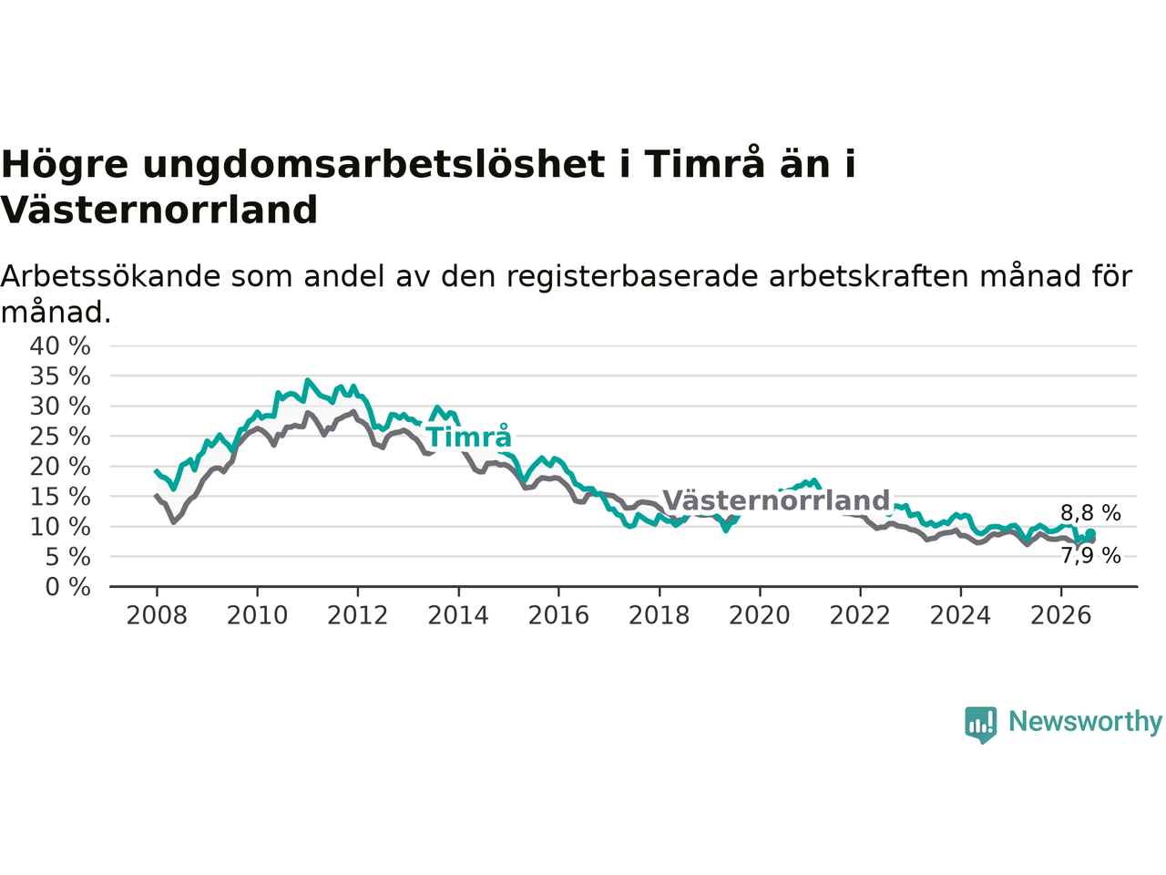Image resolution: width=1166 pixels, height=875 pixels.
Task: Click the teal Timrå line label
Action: (x=469, y=437)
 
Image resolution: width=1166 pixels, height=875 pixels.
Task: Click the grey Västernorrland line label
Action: (x=776, y=500)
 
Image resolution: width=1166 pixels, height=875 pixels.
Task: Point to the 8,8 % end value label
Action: (x=1090, y=513)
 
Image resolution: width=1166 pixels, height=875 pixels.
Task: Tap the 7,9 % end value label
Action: (x=1090, y=556)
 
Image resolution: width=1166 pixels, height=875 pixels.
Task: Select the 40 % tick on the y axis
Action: (x=60, y=345)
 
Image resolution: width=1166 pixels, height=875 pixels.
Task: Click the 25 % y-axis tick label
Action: (x=60, y=437)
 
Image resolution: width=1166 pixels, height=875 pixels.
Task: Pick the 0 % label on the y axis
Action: (x=68, y=588)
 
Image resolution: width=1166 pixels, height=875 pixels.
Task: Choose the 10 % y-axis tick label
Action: (x=60, y=527)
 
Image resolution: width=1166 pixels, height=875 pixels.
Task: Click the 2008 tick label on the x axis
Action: (x=157, y=616)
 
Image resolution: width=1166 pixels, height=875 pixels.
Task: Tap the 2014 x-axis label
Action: (x=458, y=616)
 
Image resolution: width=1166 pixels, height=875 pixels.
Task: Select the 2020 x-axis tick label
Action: (x=760, y=616)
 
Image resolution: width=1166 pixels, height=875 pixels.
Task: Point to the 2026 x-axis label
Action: (x=1061, y=616)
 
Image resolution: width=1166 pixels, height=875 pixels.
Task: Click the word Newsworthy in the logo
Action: (x=1085, y=722)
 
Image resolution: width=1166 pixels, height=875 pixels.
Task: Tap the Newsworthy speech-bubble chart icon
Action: (x=980, y=725)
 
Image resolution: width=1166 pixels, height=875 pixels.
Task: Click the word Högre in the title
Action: (x=65, y=166)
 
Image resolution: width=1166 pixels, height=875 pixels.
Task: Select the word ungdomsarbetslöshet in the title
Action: (x=373, y=164)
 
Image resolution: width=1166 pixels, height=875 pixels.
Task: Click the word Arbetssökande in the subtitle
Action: (x=110, y=277)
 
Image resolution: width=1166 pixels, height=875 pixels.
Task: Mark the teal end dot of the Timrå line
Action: (x=1090, y=533)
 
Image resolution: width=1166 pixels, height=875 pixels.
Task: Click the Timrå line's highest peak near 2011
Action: (x=307, y=380)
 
